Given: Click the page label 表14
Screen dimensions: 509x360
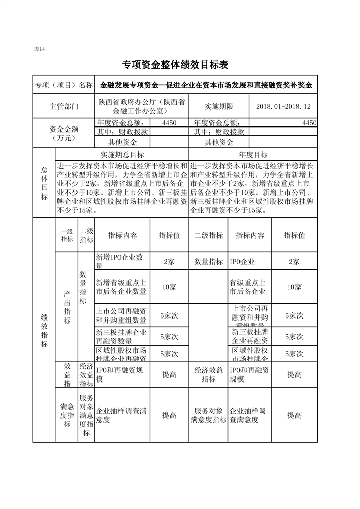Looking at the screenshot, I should [39, 49].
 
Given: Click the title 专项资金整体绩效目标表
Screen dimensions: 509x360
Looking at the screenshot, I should [175, 65].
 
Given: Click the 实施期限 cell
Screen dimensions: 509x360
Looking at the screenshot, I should [219, 107].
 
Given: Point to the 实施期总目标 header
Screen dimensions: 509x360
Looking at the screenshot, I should [123, 155].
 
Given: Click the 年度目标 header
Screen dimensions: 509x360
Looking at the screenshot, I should [253, 155].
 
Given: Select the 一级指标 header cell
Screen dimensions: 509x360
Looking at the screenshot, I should [67, 235].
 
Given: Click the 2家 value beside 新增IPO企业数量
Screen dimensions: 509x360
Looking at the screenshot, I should [169, 262].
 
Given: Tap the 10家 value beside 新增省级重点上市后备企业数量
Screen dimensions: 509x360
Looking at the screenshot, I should [169, 287].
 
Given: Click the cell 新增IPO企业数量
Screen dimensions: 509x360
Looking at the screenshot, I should [122, 262].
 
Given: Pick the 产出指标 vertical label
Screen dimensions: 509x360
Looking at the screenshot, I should [67, 307].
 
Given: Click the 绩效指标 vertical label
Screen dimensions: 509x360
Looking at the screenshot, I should [44, 330].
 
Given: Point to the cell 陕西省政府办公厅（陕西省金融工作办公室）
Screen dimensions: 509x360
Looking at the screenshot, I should [142, 107].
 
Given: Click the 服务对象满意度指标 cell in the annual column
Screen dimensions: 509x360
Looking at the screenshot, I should [208, 415].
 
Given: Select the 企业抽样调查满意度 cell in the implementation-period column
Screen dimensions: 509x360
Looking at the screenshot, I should [122, 415].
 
